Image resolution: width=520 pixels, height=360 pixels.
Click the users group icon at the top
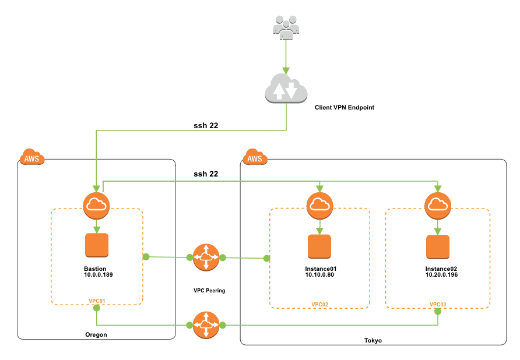tap(286, 27)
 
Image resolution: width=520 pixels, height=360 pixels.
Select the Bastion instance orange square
tap(97, 245)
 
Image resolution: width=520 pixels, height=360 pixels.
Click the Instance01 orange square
tap(319, 246)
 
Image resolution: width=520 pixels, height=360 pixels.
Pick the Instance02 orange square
tap(437, 246)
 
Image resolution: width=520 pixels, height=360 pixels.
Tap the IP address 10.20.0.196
tap(441, 274)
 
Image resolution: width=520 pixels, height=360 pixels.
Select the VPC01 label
tap(97, 301)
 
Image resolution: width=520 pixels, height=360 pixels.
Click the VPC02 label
tap(320, 305)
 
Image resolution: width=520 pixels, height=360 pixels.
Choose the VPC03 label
tap(438, 305)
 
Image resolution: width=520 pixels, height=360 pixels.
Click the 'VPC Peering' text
tap(209, 290)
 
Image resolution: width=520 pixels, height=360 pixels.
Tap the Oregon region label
tap(96, 335)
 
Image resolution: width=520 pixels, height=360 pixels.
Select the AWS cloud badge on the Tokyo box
tap(255, 157)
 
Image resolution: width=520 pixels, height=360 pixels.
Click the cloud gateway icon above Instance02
tap(437, 205)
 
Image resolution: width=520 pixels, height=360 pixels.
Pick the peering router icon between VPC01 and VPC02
tap(206, 257)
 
